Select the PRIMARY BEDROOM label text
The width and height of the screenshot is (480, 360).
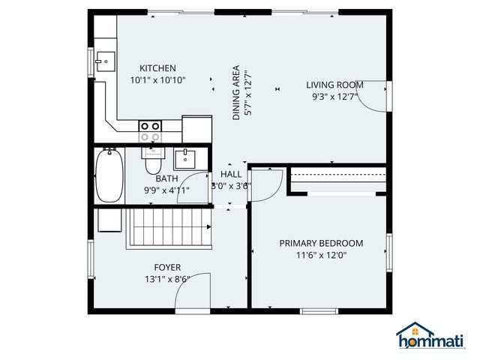click(321, 243)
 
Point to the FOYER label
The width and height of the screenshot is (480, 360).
click(167, 268)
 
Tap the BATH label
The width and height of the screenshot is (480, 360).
click(166, 179)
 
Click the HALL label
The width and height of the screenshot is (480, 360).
click(231, 174)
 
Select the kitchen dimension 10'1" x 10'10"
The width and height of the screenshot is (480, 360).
click(157, 79)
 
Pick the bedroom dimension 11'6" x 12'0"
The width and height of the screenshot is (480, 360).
click(321, 255)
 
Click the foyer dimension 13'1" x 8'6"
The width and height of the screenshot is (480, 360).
click(167, 280)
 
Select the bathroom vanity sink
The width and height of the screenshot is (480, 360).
click(184, 159)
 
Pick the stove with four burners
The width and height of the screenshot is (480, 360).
click(150, 131)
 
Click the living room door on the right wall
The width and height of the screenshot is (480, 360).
click(376, 96)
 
